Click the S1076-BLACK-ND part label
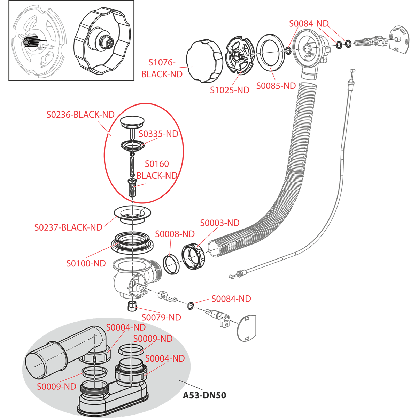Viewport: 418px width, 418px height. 162,68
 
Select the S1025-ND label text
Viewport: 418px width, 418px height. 230,90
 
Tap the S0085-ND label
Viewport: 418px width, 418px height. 276,86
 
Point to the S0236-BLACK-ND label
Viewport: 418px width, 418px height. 80,115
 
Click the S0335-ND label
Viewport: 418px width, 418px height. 158,134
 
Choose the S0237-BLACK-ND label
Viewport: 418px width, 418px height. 68,227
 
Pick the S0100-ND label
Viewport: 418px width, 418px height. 86,263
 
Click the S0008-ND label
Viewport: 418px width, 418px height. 175,234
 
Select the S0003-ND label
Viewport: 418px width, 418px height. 220,223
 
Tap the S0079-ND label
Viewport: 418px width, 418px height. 161,317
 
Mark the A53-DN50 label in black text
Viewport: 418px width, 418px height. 205,395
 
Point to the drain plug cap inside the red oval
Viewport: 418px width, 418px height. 132,122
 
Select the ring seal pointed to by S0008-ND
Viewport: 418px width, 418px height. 171,264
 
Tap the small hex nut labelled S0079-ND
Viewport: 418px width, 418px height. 132,307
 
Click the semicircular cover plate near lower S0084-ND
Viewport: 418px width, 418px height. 246,327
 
